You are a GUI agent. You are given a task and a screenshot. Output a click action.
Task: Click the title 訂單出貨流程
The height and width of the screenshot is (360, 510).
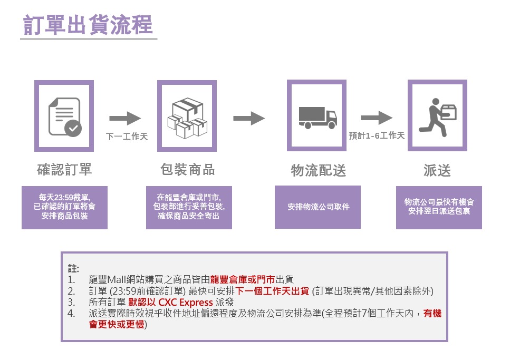[88, 25]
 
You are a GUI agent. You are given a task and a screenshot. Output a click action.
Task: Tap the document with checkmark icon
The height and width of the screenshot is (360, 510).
[64, 116]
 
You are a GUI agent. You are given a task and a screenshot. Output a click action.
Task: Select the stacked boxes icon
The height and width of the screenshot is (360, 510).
[187, 116]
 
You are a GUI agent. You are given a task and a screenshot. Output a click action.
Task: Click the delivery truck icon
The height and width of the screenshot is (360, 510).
[317, 116]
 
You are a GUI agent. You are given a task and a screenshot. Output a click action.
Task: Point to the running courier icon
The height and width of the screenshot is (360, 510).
[437, 115]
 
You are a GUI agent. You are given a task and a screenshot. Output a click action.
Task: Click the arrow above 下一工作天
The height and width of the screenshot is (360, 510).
[126, 119]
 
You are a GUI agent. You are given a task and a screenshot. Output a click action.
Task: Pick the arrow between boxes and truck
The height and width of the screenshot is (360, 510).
[249, 119]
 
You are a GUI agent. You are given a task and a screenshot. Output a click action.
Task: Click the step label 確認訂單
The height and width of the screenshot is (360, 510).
[64, 170]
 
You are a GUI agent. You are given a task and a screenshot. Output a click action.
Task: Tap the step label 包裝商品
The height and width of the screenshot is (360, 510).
[187, 170]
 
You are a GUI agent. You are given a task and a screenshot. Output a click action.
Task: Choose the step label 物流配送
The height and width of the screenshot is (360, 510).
[318, 170]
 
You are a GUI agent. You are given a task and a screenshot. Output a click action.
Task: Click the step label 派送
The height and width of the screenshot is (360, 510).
[437, 170]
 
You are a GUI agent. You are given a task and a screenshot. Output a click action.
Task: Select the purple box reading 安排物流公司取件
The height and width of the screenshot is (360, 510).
[318, 207]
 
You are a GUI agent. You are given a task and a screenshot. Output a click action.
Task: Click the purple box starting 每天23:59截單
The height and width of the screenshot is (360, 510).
[64, 207]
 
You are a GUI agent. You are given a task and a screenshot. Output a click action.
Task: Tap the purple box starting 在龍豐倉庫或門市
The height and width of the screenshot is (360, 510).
[189, 207]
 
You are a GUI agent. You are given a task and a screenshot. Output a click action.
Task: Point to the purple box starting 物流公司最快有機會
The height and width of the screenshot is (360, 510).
[439, 207]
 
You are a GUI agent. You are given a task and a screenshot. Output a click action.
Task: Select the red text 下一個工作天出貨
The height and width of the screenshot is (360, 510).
[273, 291]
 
